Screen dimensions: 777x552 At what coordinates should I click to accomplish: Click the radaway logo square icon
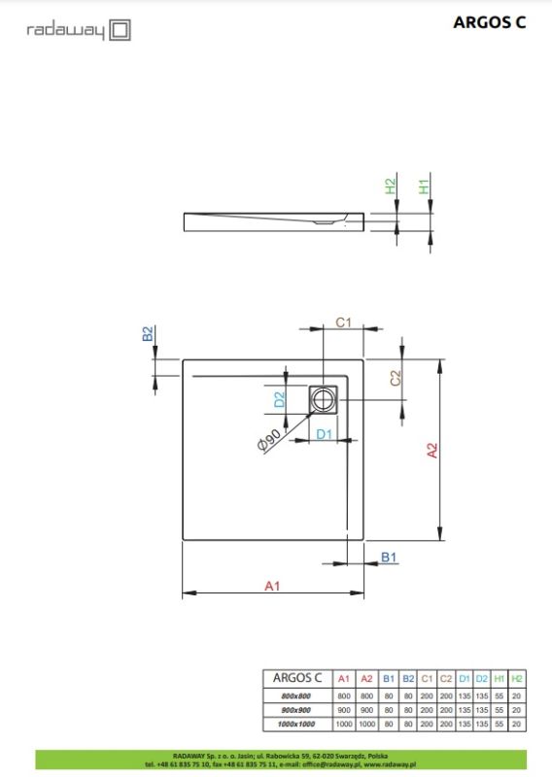[120, 31]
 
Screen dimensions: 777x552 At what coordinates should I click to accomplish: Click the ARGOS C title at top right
[489, 24]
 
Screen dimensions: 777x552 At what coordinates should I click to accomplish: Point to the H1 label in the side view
[424, 185]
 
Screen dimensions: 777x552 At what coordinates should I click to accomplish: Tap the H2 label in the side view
[391, 185]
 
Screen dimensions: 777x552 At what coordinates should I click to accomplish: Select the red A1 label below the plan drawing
[273, 585]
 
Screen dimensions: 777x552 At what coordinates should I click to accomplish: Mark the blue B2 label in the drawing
[148, 334]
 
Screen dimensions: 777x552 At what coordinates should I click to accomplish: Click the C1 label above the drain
[343, 322]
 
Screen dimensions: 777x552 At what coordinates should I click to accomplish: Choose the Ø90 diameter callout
[271, 440]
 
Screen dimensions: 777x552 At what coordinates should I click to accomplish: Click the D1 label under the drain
[325, 433]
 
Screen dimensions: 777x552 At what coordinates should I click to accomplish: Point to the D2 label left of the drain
[279, 398]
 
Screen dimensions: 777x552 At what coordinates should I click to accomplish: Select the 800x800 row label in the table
[296, 696]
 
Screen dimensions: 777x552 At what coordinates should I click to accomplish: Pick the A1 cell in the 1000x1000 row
[343, 725]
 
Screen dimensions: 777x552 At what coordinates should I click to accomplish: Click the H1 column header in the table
[499, 678]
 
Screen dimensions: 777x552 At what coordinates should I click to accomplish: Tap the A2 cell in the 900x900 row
[366, 711]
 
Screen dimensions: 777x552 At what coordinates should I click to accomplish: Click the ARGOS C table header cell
[296, 678]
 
